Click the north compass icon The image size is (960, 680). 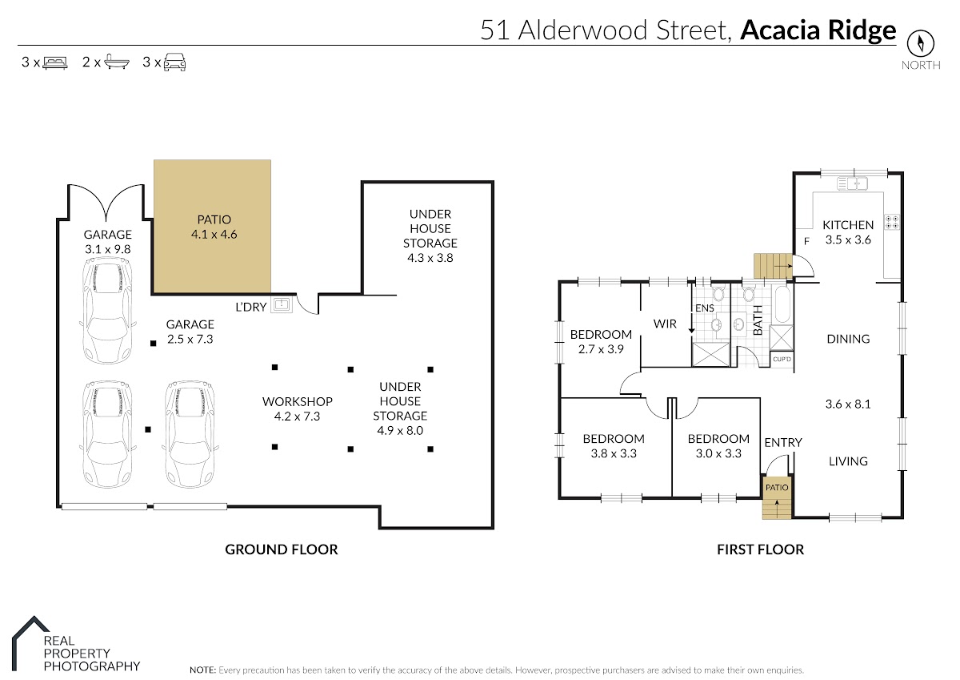[x=920, y=43]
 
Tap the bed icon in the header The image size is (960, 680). [x=55, y=62]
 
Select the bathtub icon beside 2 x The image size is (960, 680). [x=116, y=62]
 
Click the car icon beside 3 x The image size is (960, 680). [x=175, y=62]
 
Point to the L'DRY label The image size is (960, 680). [x=251, y=307]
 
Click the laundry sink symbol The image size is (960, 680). [x=282, y=305]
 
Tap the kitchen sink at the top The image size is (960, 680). [x=853, y=183]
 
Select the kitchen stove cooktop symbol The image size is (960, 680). [x=892, y=222]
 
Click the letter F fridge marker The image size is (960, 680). [x=806, y=242]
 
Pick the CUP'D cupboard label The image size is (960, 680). [x=782, y=359]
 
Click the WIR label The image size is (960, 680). [x=665, y=324]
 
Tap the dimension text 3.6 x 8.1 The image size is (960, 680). [x=848, y=404]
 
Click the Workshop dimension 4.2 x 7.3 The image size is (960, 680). [x=297, y=416]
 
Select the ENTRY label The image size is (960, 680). [x=783, y=442]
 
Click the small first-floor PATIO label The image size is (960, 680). [x=777, y=487]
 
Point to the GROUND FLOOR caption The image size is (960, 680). [x=282, y=549]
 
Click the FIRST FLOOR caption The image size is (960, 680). [x=760, y=549]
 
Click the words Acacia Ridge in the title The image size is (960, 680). [x=818, y=30]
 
